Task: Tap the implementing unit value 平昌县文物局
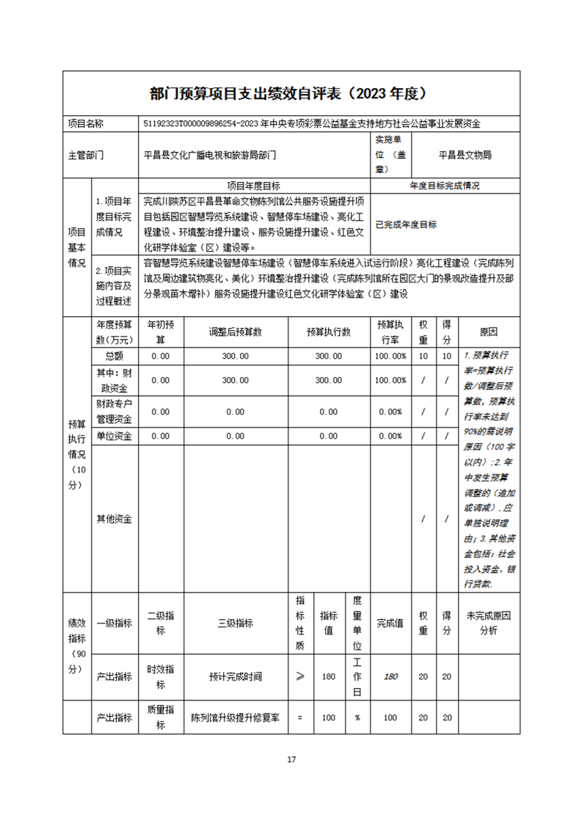(465, 155)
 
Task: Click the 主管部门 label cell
(86, 155)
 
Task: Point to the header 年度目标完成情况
(445, 186)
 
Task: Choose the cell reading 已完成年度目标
(406, 224)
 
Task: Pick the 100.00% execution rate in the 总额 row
(390, 356)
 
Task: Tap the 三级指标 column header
(235, 623)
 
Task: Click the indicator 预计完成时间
(235, 676)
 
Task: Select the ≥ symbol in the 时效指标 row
(299, 676)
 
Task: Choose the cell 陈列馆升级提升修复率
(235, 718)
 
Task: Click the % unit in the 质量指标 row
(357, 718)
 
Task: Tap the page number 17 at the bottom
(291, 759)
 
